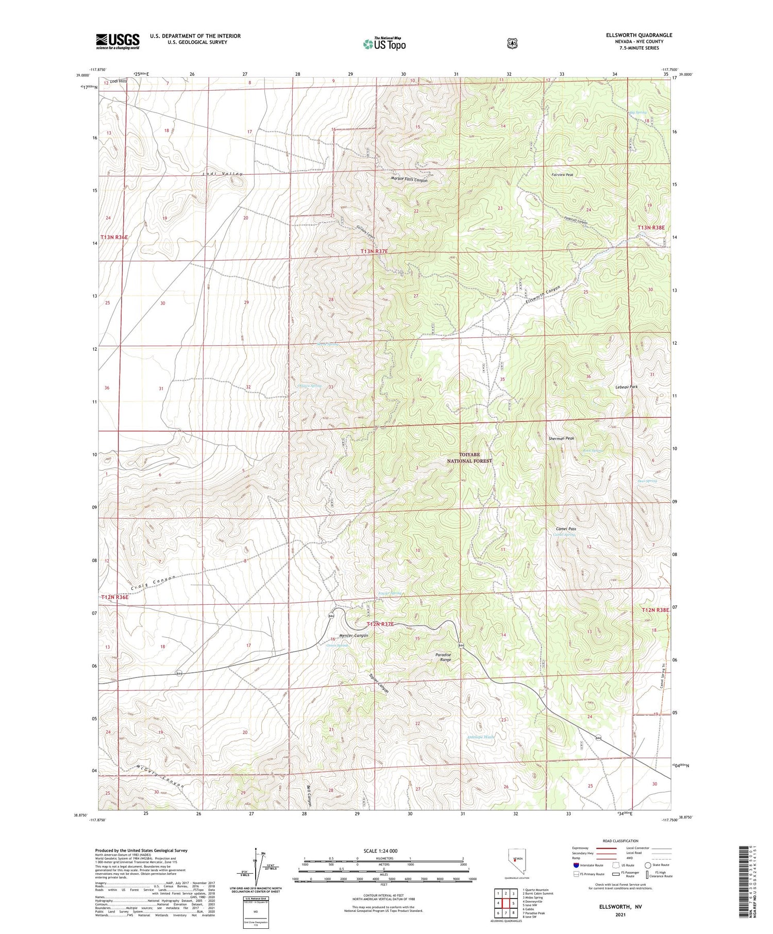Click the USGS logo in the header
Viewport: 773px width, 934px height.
click(x=117, y=41)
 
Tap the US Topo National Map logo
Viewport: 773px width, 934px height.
click(x=384, y=44)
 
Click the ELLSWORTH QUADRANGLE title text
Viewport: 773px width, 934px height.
click(x=639, y=35)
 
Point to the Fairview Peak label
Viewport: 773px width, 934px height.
click(x=562, y=175)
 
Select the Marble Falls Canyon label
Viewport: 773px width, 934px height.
click(x=409, y=180)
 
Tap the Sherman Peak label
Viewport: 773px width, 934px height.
click(x=561, y=438)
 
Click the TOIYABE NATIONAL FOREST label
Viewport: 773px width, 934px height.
click(x=469, y=458)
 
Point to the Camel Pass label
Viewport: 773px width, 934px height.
click(x=566, y=529)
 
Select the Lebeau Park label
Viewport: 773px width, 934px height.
click(x=626, y=386)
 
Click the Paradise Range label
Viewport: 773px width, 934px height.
click(x=443, y=657)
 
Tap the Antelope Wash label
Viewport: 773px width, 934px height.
click(x=480, y=737)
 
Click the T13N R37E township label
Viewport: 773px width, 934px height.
click(x=374, y=251)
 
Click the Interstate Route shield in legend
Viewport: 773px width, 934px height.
click(x=576, y=865)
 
